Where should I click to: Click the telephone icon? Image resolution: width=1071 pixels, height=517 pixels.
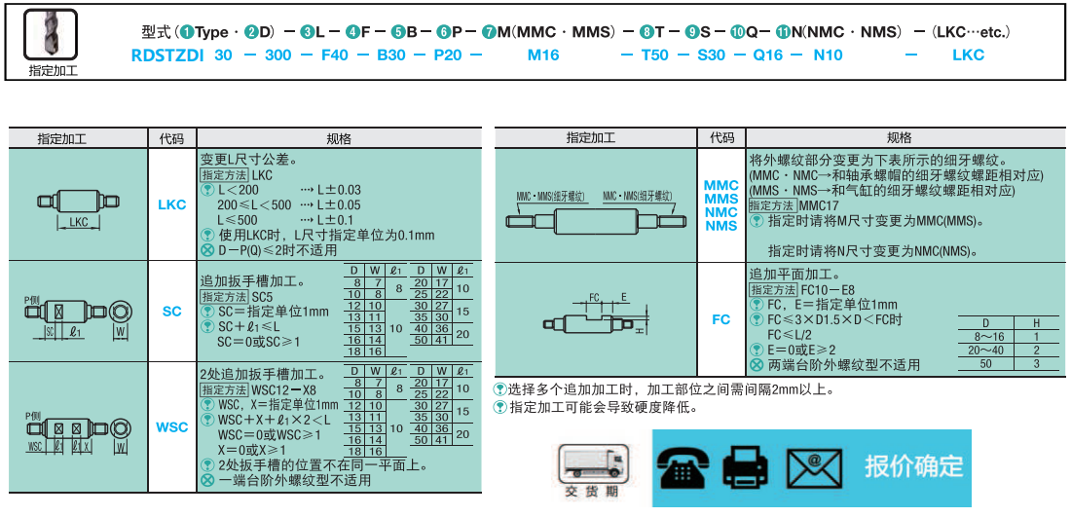tap(685, 466)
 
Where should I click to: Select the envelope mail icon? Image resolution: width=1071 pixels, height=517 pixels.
tap(815, 466)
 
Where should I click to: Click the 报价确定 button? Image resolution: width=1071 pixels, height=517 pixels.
tap(913, 466)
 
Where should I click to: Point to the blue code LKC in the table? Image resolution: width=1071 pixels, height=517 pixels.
tap(171, 205)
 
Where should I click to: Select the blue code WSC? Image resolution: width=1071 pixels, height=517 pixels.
tap(171, 426)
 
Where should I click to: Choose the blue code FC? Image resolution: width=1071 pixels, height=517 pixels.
tap(720, 319)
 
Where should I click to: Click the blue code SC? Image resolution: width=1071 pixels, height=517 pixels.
tap(171, 312)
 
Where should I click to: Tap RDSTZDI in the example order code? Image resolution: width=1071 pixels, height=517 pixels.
tap(167, 55)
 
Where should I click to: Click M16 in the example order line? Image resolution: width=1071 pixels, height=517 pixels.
tap(543, 55)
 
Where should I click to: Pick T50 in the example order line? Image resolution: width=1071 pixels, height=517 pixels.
tap(655, 55)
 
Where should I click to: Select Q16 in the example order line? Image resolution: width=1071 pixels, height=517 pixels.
tap(767, 55)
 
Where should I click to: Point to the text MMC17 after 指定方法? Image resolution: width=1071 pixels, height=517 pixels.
tap(819, 206)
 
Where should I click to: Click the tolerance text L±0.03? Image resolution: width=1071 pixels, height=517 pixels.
tap(339, 190)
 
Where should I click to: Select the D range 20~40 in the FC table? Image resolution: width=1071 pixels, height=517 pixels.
tap(985, 351)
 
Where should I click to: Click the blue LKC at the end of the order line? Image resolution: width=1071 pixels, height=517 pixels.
tap(968, 55)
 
